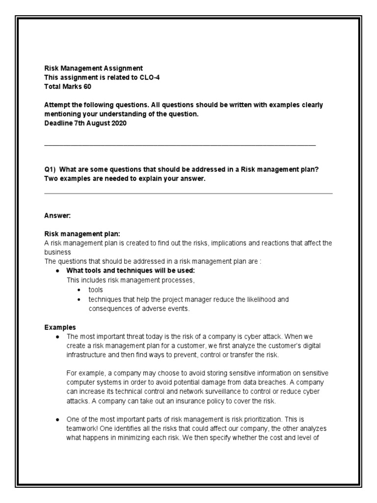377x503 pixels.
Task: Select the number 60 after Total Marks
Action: pyautogui.click(x=87, y=87)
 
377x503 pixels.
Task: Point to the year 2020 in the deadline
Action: pyautogui.click(x=117, y=123)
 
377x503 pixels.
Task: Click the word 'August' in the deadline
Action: pyautogui.click(x=95, y=123)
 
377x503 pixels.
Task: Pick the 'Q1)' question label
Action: pyautogui.click(x=50, y=169)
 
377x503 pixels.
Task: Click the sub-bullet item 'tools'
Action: pyautogui.click(x=96, y=290)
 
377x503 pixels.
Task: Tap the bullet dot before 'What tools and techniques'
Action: pyautogui.click(x=58, y=271)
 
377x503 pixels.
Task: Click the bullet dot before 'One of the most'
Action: pyautogui.click(x=58, y=419)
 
